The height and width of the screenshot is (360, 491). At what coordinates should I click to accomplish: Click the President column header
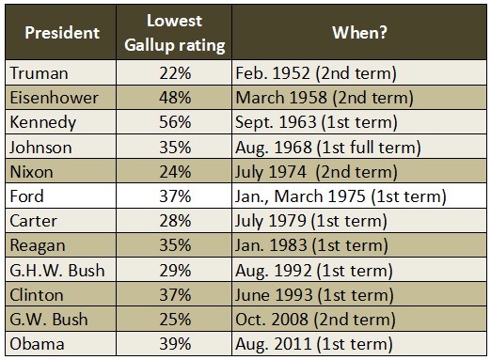tap(62, 33)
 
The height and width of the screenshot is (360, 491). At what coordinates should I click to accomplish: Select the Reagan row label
tap(36, 245)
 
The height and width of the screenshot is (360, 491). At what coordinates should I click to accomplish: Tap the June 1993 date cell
tap(312, 294)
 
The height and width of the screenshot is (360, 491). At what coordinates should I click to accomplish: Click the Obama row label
tap(34, 343)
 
